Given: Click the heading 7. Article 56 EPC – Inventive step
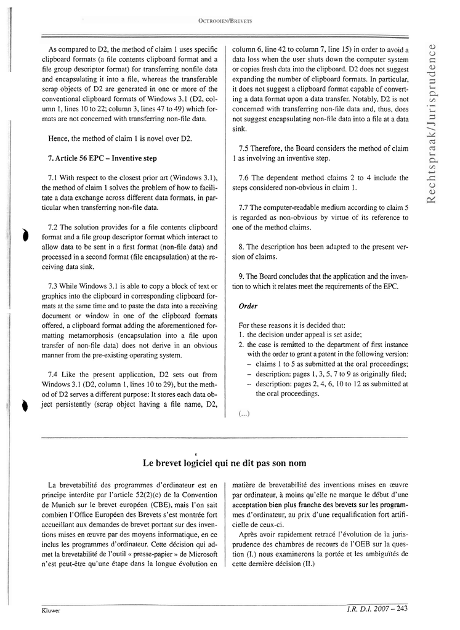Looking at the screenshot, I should pyautogui.click(x=102, y=158).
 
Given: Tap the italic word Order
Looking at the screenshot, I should pyautogui.click(x=248, y=306).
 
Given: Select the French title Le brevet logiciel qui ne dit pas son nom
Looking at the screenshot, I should pyautogui.click(x=224, y=462).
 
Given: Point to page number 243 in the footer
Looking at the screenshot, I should pyautogui.click(x=401, y=610).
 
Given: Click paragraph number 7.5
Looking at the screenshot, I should pyautogui.click(x=244, y=148).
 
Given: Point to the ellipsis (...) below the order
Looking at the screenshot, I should pyautogui.click(x=244, y=414).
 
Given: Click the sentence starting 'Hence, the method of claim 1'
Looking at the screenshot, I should pyautogui.click(x=119, y=138).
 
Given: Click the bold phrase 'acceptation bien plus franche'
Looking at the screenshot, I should pyautogui.click(x=279, y=505).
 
